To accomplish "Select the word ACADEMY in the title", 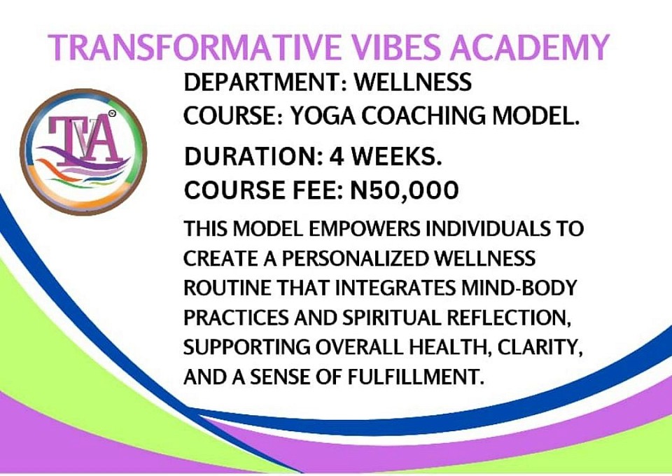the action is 529,47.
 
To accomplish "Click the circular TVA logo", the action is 83,152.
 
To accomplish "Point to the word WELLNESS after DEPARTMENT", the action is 413,82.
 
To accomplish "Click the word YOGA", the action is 323,115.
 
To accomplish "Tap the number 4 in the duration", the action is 337,156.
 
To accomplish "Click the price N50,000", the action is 405,190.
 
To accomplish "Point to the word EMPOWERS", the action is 364,229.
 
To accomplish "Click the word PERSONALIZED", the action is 356,258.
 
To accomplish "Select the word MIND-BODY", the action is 519,288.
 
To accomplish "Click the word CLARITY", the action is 540,347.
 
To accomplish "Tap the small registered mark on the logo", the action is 112,113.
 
